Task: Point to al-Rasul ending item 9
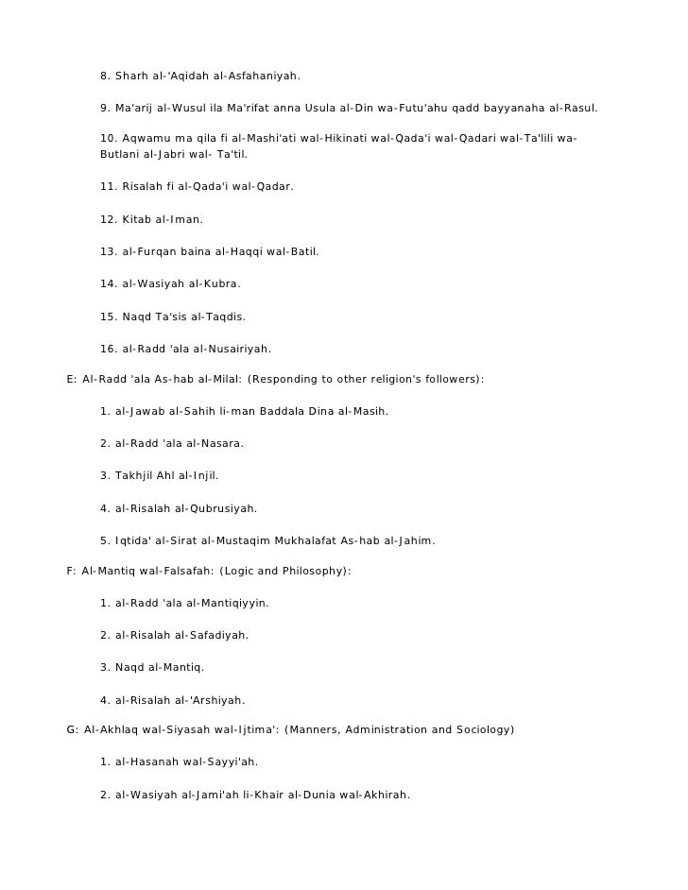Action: click(x=571, y=108)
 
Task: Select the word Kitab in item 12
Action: click(x=138, y=219)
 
